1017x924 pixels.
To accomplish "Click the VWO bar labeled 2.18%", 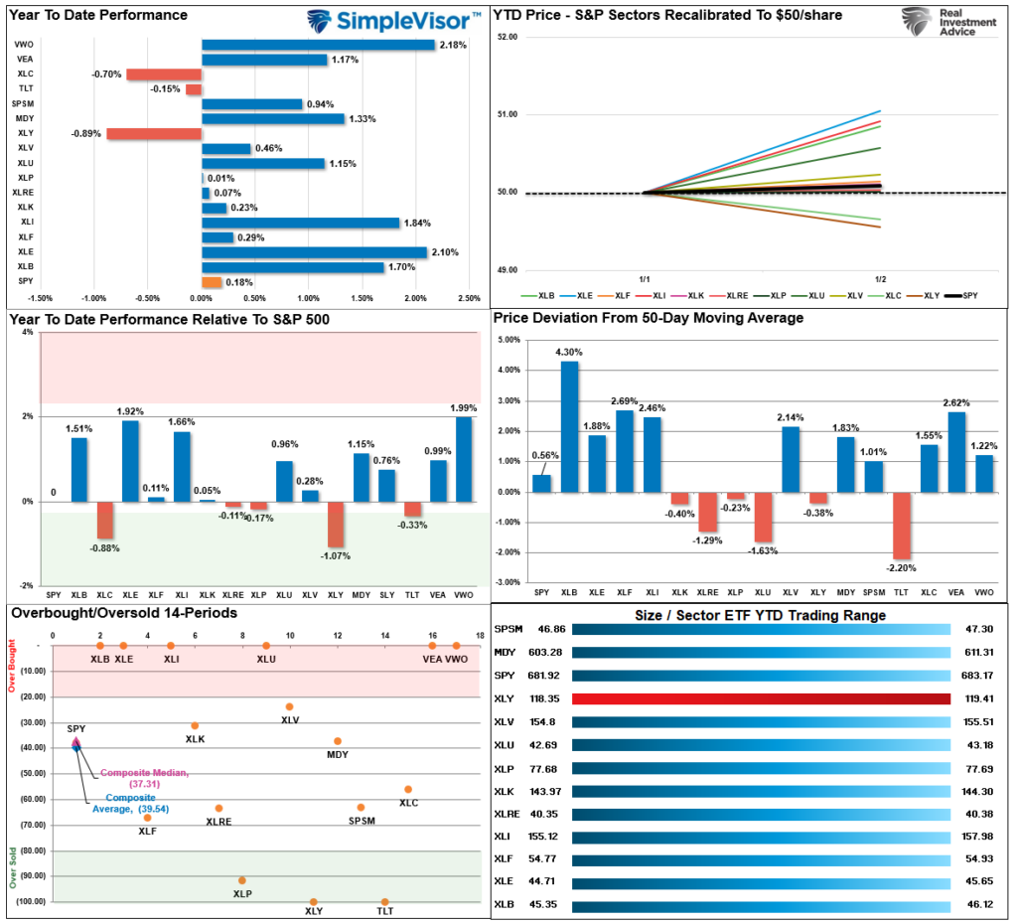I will point(318,45).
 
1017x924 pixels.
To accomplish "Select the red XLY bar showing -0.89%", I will point(154,134).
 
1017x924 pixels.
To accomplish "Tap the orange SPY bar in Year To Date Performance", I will point(212,283).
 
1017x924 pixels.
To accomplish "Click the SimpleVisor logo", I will point(393,20).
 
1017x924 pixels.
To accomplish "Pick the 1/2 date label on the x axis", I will point(880,279).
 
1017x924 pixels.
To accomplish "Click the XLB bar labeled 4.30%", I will point(569,426).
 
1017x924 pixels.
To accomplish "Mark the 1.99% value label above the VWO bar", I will point(463,407).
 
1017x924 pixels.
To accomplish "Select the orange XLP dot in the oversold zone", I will point(241,880).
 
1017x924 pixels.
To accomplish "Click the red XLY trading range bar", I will point(761,698).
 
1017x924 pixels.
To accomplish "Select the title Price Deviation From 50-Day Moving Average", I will point(649,318).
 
